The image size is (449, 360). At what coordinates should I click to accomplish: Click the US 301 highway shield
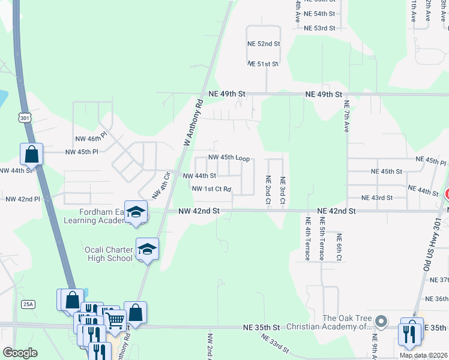click(24, 118)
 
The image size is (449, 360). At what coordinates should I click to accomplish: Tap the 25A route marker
click(28, 304)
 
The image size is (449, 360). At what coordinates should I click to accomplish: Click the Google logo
click(20, 352)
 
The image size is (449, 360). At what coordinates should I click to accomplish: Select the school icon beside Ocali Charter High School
click(147, 249)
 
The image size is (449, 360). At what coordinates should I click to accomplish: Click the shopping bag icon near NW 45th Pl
click(31, 154)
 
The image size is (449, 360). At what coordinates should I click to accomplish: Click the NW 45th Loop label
click(229, 158)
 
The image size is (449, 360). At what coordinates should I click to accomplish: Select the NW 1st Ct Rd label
click(212, 189)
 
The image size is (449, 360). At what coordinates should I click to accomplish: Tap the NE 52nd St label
click(264, 44)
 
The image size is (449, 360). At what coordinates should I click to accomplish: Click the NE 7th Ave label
click(346, 117)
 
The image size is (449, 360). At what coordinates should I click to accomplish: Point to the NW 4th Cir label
click(159, 185)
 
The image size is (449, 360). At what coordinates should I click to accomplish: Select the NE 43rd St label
click(377, 197)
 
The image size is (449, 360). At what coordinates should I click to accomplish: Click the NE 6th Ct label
click(339, 247)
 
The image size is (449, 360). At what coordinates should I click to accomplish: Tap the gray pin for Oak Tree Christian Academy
click(381, 322)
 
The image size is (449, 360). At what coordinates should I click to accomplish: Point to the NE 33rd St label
click(277, 344)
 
